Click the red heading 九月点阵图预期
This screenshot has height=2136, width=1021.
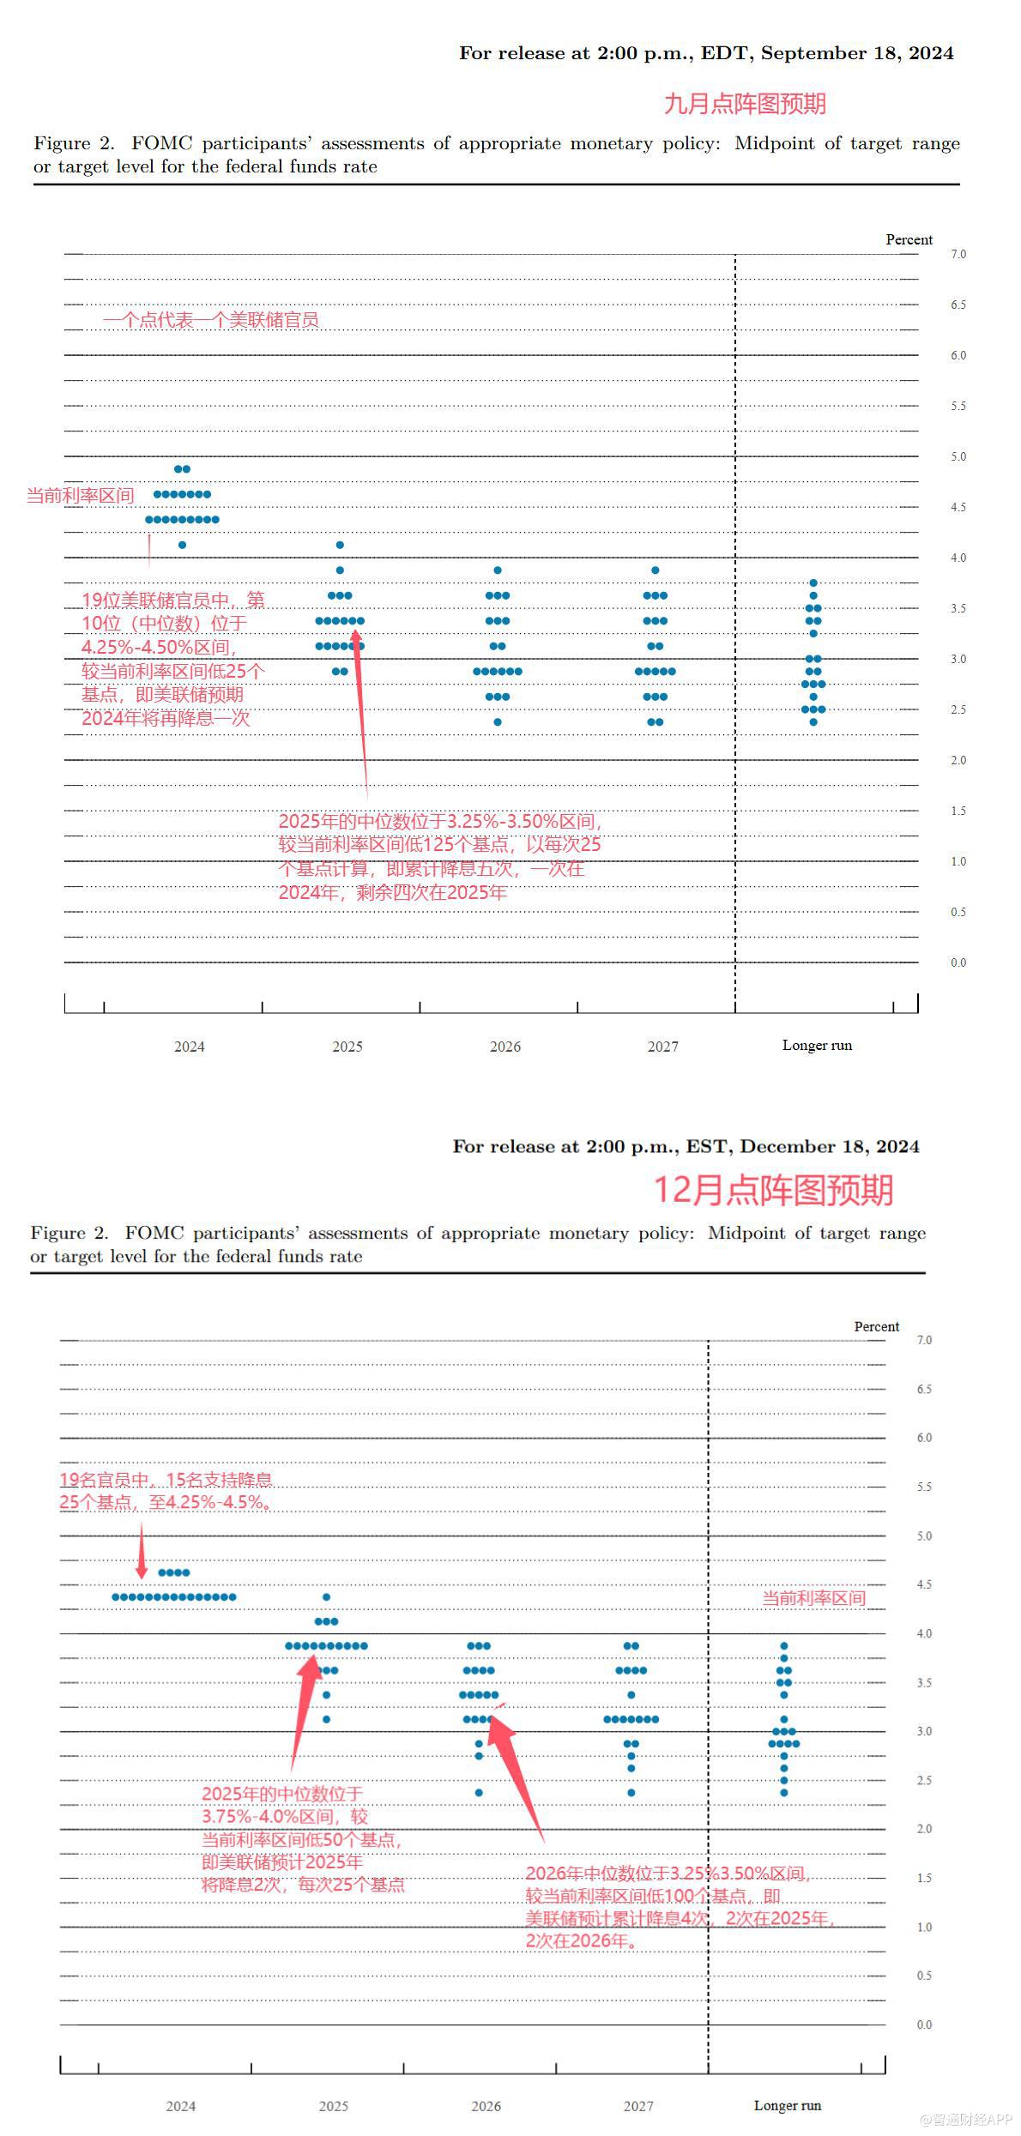(x=744, y=104)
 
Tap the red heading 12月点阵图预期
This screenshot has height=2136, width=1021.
(x=773, y=1190)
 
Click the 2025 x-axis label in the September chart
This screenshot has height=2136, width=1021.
(x=347, y=1047)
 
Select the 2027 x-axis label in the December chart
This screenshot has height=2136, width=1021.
(x=638, y=2106)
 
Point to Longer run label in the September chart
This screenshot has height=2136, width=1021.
(x=817, y=1045)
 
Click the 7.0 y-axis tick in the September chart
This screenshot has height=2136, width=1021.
(x=958, y=254)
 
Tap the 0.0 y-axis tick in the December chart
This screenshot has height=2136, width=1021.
(x=923, y=2024)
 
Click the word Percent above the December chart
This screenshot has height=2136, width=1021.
(x=876, y=1326)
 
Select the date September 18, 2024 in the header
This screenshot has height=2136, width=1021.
(x=856, y=53)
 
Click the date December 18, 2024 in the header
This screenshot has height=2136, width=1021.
(x=829, y=1147)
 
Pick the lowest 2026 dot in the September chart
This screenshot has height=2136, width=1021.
(x=498, y=722)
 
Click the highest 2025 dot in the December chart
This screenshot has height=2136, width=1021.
(x=326, y=1597)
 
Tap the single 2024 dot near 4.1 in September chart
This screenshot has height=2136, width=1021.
(x=182, y=545)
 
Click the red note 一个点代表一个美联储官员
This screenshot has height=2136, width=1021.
(x=210, y=320)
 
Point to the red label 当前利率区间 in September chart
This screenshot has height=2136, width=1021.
(x=80, y=495)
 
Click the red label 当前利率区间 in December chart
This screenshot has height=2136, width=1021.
(x=813, y=1598)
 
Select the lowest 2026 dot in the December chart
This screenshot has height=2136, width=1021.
(x=479, y=1793)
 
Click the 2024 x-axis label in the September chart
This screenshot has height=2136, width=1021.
(x=190, y=1047)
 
